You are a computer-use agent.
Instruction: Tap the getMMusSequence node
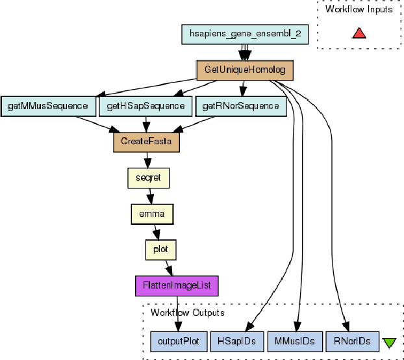[x=48, y=105]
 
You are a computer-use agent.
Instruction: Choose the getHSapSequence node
[x=146, y=105]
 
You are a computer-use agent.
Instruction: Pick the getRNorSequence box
[x=240, y=105]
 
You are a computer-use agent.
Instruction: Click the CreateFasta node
[x=146, y=141]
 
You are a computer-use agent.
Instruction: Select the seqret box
[x=148, y=177]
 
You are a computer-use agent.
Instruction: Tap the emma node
[x=152, y=212]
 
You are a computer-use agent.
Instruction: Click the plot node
[x=160, y=248]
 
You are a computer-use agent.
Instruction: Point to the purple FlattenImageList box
[x=177, y=285]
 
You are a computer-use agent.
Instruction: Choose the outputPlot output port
[x=179, y=341]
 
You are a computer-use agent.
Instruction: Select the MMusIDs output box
[x=294, y=341]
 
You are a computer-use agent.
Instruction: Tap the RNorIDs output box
[x=351, y=341]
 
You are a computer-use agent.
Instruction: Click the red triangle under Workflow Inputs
[x=359, y=32]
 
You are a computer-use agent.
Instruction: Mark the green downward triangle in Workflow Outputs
[x=389, y=342]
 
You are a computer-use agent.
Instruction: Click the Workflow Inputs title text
[x=359, y=10]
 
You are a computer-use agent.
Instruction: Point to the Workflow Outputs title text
[x=187, y=313]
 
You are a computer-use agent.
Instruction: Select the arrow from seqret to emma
[x=150, y=194]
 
